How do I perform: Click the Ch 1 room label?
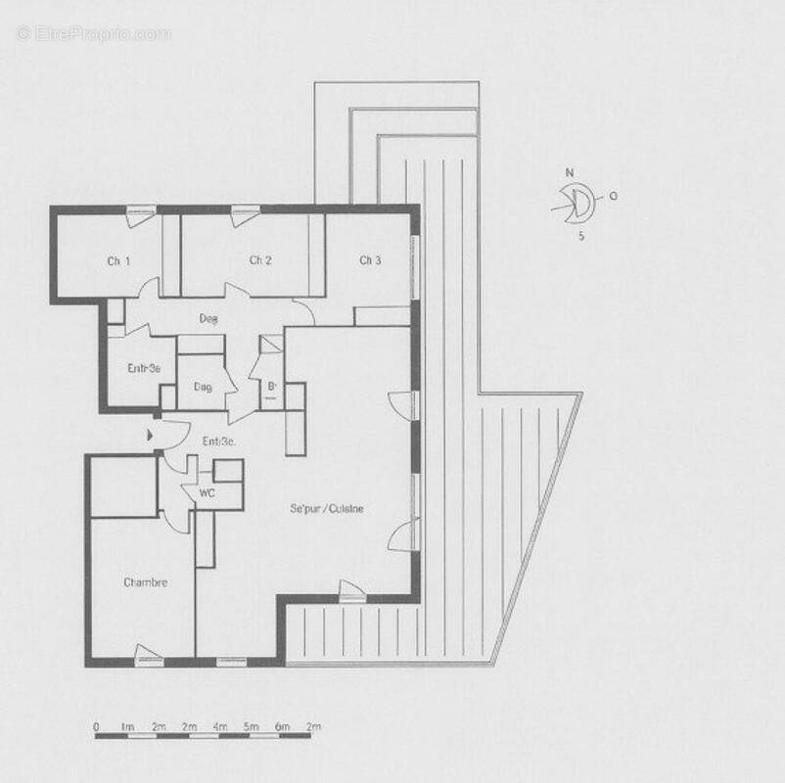[118, 260]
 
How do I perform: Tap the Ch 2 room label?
[259, 260]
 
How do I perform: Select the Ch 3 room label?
[369, 260]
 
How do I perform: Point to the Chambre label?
[145, 582]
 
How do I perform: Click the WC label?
[207, 492]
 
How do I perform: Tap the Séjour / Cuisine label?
[326, 508]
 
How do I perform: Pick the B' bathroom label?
[272, 386]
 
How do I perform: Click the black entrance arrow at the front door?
[150, 432]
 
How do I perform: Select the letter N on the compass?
[569, 173]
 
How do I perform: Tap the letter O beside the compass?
[613, 195]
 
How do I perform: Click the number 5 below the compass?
[581, 236]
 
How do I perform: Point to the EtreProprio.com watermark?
[93, 33]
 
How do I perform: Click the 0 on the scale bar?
[96, 727]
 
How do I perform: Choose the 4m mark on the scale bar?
[220, 727]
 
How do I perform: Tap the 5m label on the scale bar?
[252, 727]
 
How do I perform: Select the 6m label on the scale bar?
[283, 727]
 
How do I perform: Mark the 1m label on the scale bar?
[126, 727]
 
